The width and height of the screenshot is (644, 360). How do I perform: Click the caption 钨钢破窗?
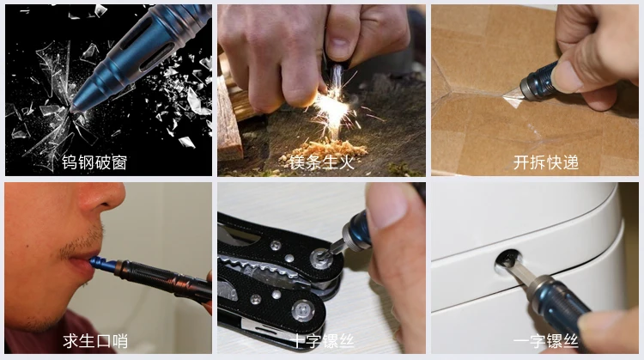coord(94,162)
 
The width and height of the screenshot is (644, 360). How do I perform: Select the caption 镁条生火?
coord(322,162)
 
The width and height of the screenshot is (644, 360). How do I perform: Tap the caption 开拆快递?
coord(546,162)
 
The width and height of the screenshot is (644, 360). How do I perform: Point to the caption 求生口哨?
coord(95,341)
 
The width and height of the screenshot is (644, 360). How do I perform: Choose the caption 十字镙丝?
coord(322,341)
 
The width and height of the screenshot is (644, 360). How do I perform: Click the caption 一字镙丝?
coord(546,341)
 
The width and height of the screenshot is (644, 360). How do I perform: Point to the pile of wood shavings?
coord(324,151)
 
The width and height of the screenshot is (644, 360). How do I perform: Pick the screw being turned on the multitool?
coord(321,259)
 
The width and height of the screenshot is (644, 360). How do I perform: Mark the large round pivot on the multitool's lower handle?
coord(303,311)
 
